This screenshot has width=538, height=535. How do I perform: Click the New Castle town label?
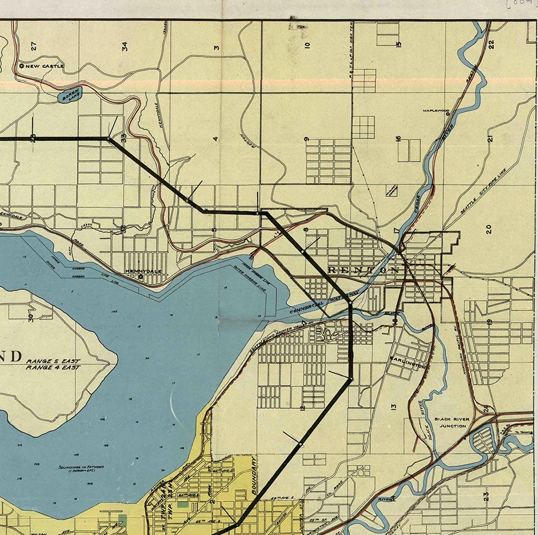[x=45, y=67]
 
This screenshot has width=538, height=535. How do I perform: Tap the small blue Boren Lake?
[x=70, y=96]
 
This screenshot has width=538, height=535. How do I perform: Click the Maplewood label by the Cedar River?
[x=435, y=111]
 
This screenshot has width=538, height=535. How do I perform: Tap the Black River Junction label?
[x=452, y=423]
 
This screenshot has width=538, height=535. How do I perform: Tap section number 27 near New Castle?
[x=33, y=45]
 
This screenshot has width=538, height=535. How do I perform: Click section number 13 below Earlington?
[x=394, y=407]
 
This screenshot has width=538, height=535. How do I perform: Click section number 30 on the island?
[x=30, y=316]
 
